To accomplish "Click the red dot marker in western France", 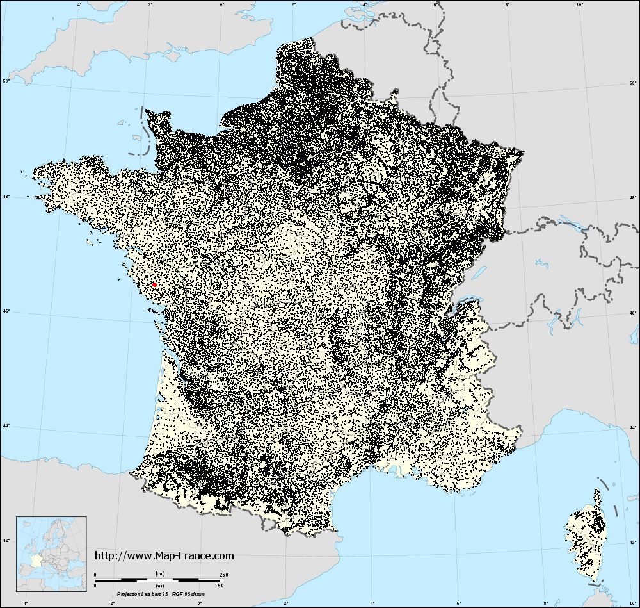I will [x=154, y=284].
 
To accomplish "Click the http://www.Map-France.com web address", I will [x=164, y=556].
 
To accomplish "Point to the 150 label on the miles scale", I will [x=220, y=585].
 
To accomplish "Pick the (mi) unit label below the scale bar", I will [x=159, y=585].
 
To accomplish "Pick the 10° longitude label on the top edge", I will [x=579, y=4].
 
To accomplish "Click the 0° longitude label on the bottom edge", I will [x=200, y=603].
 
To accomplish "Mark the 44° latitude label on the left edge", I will [x=6, y=425].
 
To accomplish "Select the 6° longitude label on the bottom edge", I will [x=459, y=603].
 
